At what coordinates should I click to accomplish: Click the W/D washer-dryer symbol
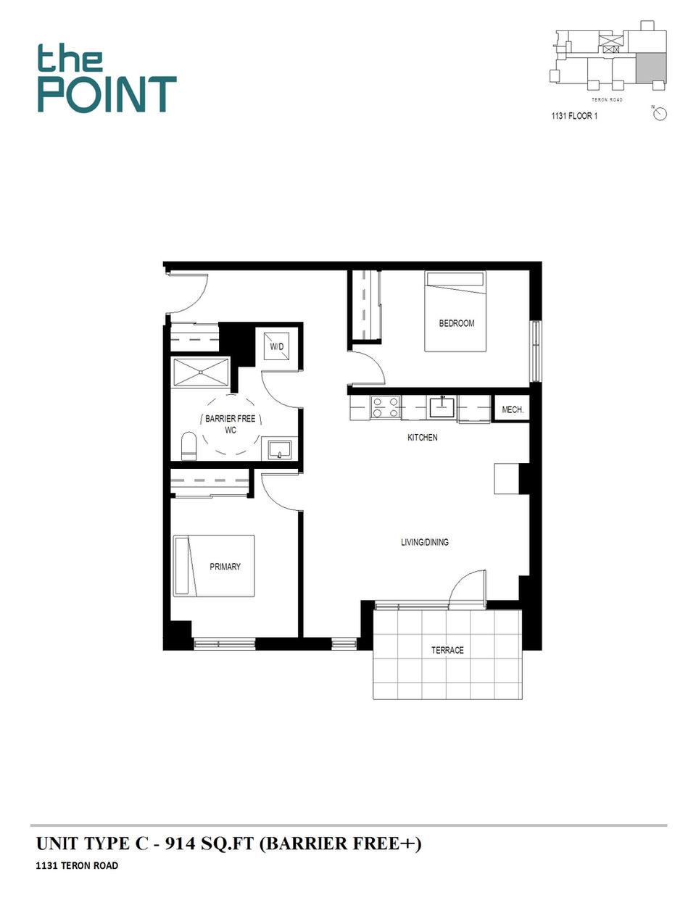coord(277,346)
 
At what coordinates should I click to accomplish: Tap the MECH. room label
coord(513,409)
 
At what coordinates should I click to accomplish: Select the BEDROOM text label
coord(457,323)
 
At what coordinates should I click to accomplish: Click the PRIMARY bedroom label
coord(225,567)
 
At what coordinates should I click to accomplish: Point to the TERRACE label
coord(447,650)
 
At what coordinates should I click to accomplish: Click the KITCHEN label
coord(423,438)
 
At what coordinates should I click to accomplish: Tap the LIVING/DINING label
coord(425,542)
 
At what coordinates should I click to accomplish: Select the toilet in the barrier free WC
coord(188,446)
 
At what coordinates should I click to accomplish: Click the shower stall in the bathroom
coord(201,372)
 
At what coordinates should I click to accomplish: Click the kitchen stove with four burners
coord(385,407)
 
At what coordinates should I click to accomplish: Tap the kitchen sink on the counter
coord(442,407)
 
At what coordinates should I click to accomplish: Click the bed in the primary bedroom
coord(214,566)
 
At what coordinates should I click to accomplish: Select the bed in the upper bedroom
coord(455,312)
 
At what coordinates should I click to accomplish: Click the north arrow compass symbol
coord(660,114)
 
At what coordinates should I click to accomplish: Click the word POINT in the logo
coord(107,95)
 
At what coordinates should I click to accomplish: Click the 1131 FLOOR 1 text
coord(574,116)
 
